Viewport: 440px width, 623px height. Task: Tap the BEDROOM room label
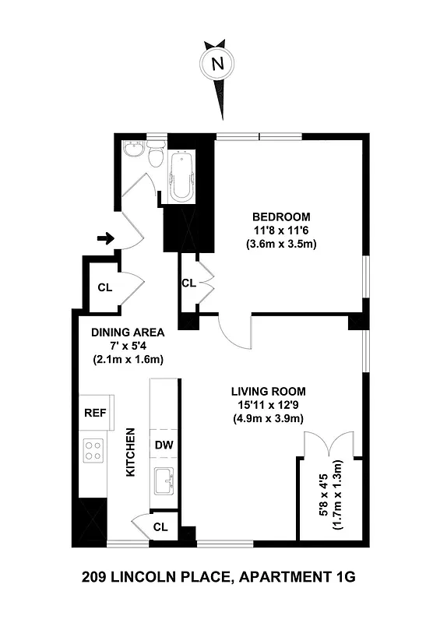click(281, 216)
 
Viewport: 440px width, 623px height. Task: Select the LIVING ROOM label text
click(267, 391)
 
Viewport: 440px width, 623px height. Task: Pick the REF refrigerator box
click(94, 413)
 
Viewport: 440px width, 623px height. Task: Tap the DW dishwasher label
click(163, 445)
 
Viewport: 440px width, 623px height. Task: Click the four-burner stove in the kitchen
click(94, 451)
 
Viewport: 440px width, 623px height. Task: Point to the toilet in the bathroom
click(157, 157)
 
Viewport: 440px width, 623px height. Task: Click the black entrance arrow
click(104, 238)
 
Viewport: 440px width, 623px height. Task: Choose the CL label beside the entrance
click(104, 287)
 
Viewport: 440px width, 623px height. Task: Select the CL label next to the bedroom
click(188, 283)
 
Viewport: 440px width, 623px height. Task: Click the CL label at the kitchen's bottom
click(160, 527)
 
